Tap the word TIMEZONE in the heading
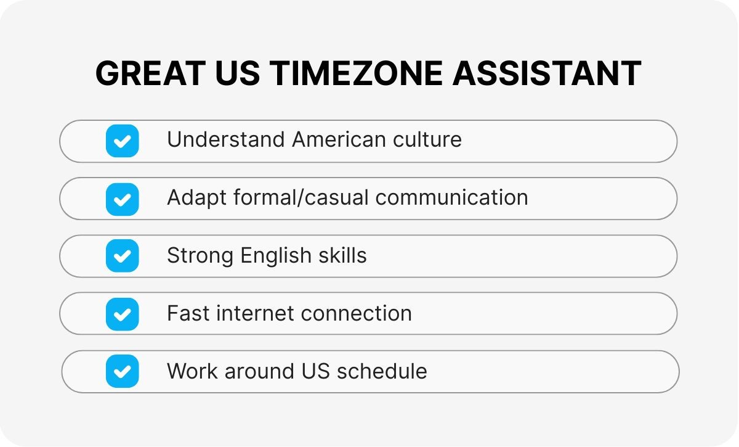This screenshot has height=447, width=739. (x=357, y=74)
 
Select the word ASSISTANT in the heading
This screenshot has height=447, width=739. (x=546, y=74)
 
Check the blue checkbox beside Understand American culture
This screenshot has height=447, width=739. (x=122, y=141)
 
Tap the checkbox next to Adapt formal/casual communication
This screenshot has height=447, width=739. (x=122, y=199)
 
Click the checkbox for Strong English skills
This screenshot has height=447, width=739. (x=122, y=256)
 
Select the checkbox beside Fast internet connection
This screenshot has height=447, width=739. (x=122, y=314)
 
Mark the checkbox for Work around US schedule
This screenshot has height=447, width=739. (x=122, y=371)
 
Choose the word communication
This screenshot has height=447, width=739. (x=451, y=197)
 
